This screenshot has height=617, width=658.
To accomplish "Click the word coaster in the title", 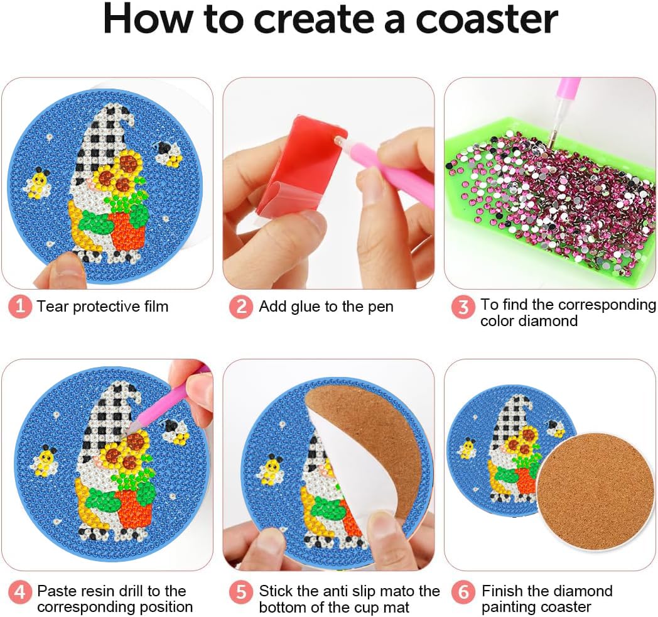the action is (487, 19).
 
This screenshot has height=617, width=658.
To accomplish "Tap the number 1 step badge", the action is (19, 307).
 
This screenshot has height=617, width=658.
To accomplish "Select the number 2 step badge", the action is (241, 307).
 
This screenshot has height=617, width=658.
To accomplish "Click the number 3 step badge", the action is (463, 307).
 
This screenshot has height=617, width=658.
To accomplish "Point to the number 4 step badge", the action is (19, 592).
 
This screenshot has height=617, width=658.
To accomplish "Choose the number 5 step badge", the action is (241, 592).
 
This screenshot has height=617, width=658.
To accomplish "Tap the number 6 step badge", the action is (463, 592).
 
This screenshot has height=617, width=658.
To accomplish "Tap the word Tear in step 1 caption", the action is (51, 307).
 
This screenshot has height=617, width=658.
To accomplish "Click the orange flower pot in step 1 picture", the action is (127, 231).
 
